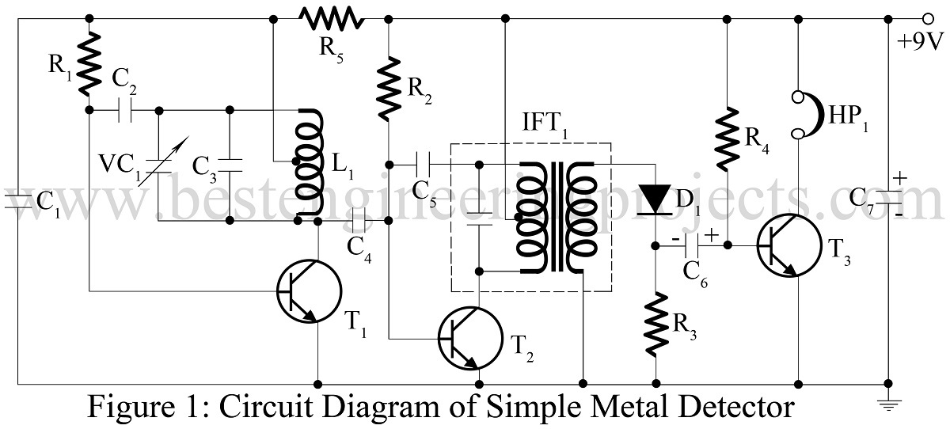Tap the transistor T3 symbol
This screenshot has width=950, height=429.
tap(788, 246)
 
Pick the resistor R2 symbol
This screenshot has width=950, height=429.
tap(389, 89)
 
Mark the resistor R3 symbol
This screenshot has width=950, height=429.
tap(655, 324)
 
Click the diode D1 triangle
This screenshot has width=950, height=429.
tap(655, 199)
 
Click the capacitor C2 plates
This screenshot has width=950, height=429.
tap(124, 110)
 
